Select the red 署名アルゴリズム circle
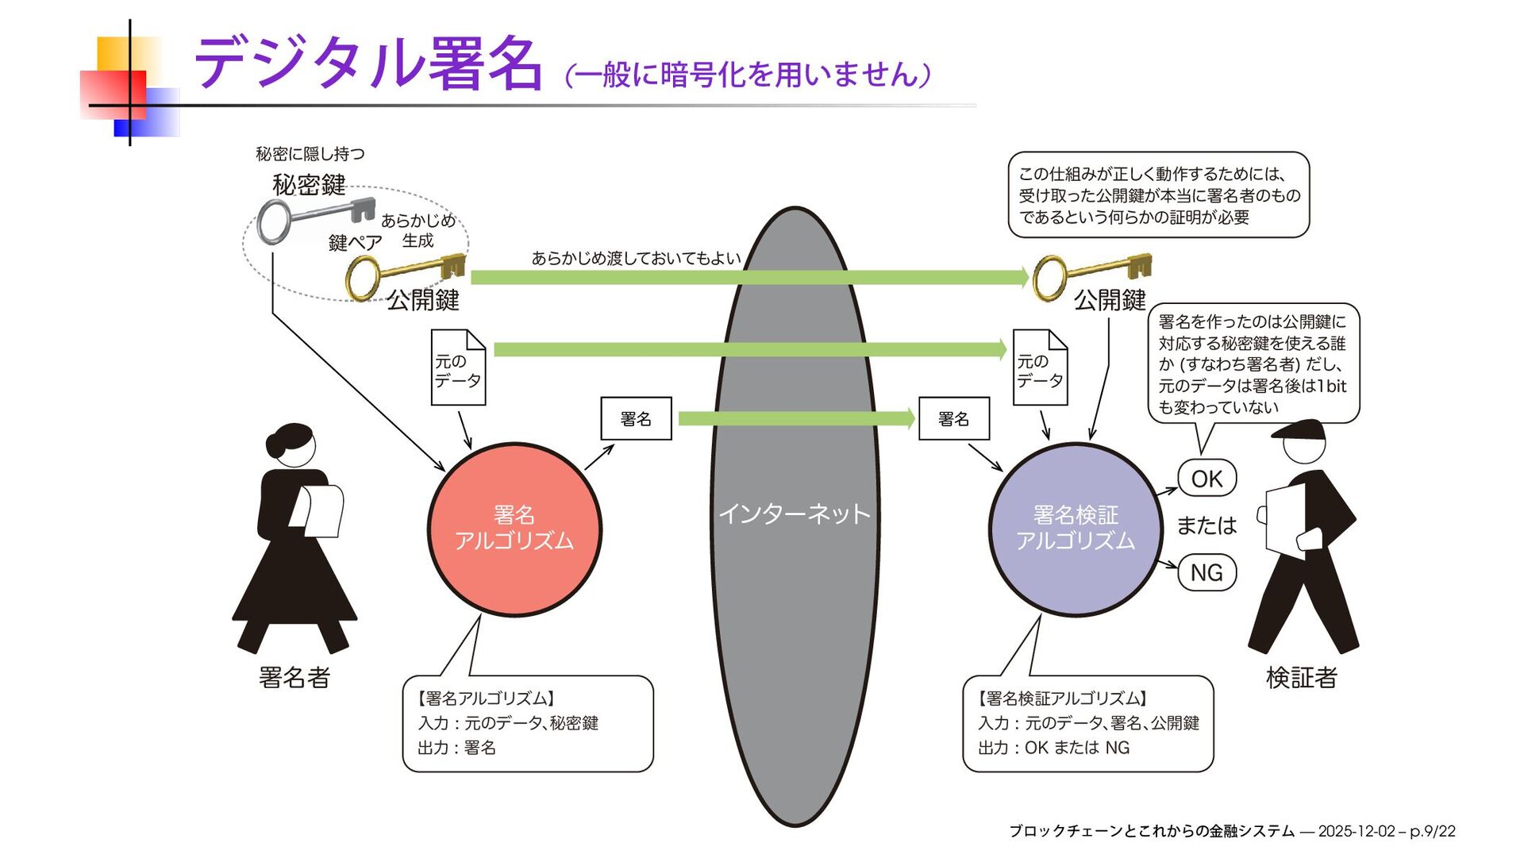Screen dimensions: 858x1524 (x=514, y=529)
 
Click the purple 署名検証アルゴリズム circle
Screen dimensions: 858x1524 (x=1076, y=529)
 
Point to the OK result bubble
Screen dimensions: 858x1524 (x=1206, y=479)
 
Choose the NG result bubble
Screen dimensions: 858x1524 (x=1206, y=572)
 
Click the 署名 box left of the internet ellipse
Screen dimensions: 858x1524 (x=636, y=418)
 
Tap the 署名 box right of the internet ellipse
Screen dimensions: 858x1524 (x=953, y=418)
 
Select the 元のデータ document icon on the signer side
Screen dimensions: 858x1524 (x=458, y=368)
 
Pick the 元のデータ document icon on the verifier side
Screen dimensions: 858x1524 (x=1040, y=368)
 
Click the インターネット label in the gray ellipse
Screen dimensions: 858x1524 (x=795, y=514)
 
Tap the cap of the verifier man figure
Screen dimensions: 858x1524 (x=1299, y=431)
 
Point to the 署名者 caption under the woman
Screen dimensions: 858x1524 (x=294, y=677)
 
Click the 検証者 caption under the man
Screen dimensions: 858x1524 (x=1302, y=677)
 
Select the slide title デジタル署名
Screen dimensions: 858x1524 (x=369, y=63)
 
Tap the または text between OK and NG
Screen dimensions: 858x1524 (x=1206, y=525)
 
